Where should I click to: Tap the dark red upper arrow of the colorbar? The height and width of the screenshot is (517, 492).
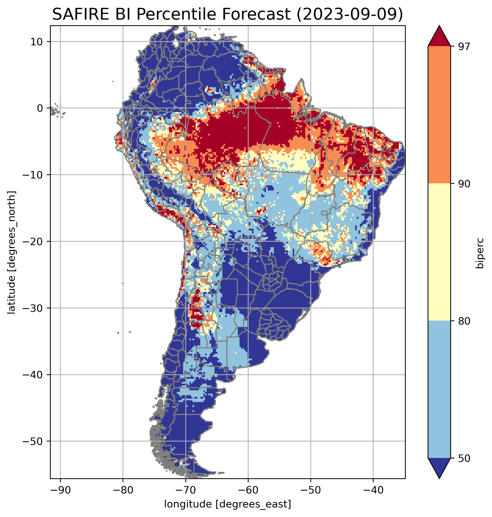tap(439, 37)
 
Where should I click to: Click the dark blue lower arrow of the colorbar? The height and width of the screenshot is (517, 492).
tap(439, 468)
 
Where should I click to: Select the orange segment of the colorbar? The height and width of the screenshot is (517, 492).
tap(439, 115)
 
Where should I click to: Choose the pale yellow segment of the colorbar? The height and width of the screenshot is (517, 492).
tap(439, 252)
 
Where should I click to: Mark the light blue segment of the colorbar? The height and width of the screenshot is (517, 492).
tap(439, 390)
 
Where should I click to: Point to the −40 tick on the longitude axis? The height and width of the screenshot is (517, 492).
tap(373, 490)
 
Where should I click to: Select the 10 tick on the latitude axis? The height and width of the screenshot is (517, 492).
tap(37, 42)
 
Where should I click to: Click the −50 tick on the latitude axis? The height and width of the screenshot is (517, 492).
tap(33, 441)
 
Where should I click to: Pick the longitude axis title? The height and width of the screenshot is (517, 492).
tap(228, 504)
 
